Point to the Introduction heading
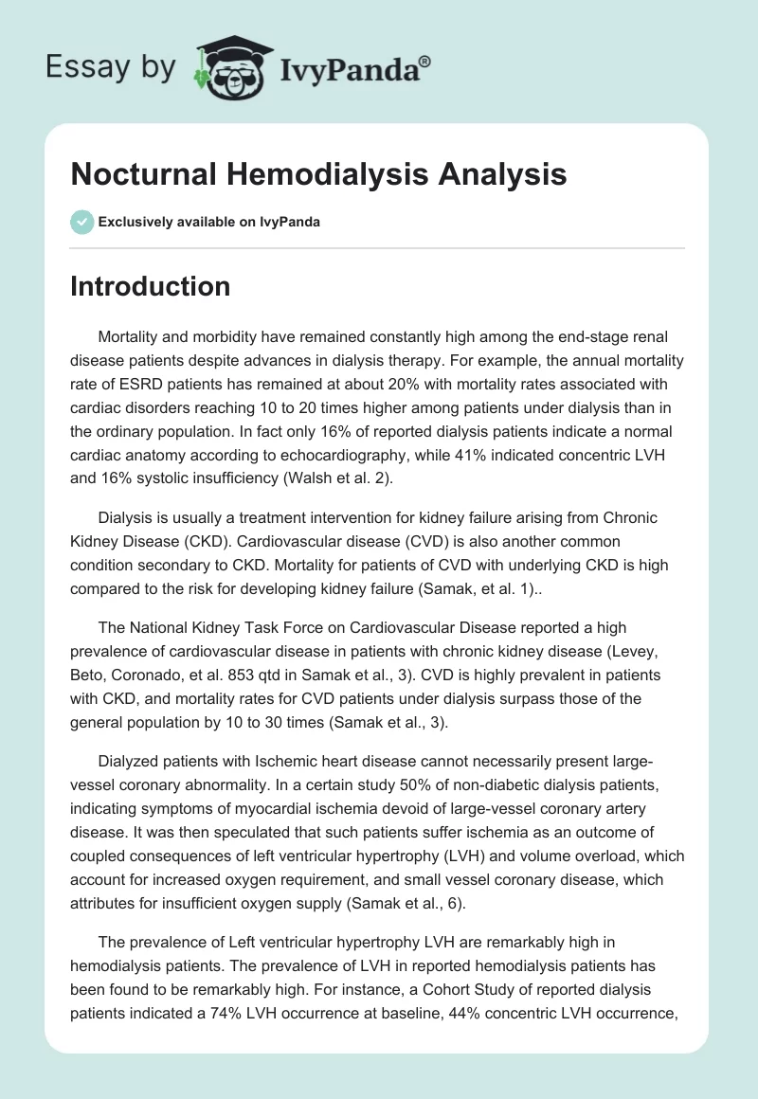pyautogui.click(x=150, y=286)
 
